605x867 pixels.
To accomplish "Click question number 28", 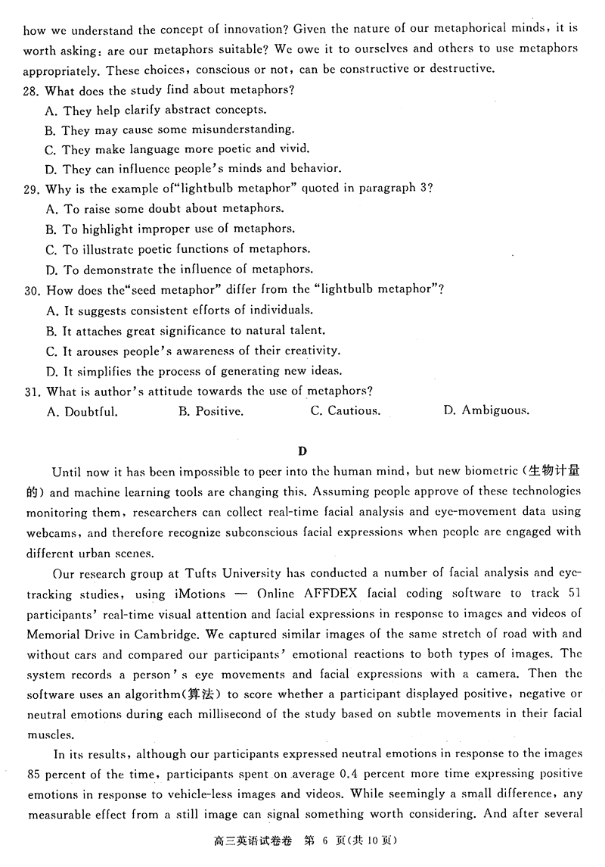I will (x=32, y=90).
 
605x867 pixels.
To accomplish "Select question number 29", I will (x=32, y=189).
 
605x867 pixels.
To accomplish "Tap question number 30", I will (x=32, y=289).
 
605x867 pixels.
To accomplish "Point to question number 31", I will (x=32, y=391).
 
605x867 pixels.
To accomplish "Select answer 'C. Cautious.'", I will (x=346, y=411).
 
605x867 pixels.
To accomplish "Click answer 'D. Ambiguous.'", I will (x=486, y=411).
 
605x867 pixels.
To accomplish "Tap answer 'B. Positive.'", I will (x=211, y=411).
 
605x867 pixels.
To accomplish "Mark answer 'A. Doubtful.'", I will (x=82, y=411).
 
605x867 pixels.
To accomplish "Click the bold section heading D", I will (x=302, y=452).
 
